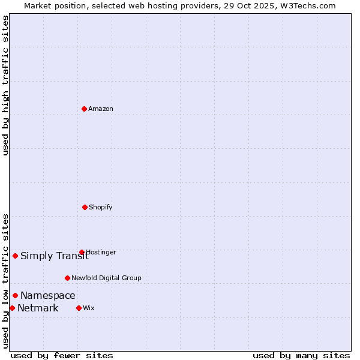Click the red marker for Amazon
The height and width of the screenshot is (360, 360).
(x=84, y=109)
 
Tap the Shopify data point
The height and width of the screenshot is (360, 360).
(x=85, y=207)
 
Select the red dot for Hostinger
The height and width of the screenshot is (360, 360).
(x=82, y=253)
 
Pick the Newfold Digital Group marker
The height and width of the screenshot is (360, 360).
(x=67, y=278)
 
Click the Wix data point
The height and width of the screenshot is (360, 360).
(x=79, y=308)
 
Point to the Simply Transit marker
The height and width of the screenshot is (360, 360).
(x=15, y=256)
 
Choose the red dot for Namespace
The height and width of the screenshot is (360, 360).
(x=15, y=295)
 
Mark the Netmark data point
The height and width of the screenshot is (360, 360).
(x=12, y=308)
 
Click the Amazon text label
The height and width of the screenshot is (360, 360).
(x=101, y=109)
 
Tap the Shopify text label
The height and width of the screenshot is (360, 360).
(x=101, y=207)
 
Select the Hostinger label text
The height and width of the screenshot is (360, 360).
(x=101, y=252)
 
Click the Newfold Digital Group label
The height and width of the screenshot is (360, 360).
(x=106, y=278)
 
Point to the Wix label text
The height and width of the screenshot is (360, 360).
(x=89, y=308)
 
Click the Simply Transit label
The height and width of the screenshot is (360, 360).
(x=55, y=256)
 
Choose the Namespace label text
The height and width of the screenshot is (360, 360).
(x=48, y=295)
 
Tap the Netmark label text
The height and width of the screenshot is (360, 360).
(x=38, y=308)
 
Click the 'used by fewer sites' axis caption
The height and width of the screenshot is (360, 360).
(x=62, y=355)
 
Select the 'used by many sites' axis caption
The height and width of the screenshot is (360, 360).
(x=301, y=355)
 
